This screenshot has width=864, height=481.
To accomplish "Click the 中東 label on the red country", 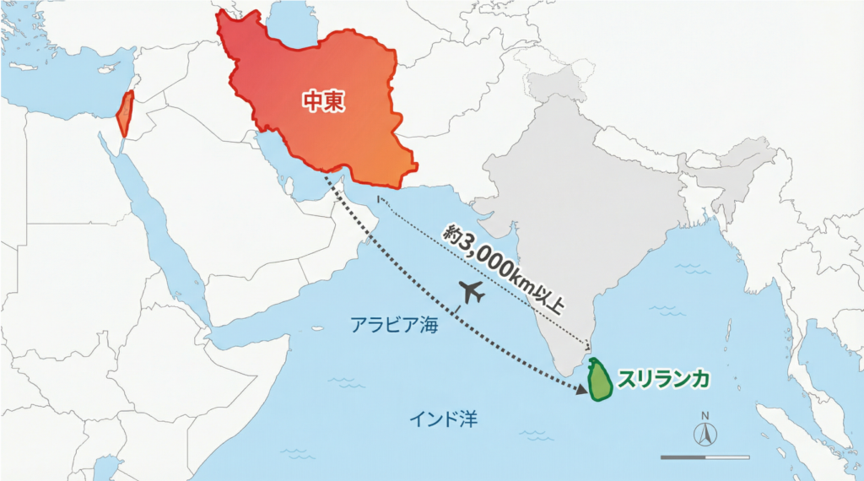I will [325, 101].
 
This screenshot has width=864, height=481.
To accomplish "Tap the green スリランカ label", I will [663, 379].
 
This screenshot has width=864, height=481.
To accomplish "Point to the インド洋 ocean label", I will [444, 418].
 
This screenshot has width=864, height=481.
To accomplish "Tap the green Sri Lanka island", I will [600, 379].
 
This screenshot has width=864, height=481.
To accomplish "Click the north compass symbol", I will [704, 435].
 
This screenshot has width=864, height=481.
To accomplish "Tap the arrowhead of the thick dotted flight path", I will [581, 390].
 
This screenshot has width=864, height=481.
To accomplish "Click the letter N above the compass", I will [704, 416].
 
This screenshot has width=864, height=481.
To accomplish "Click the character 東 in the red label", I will [336, 101].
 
